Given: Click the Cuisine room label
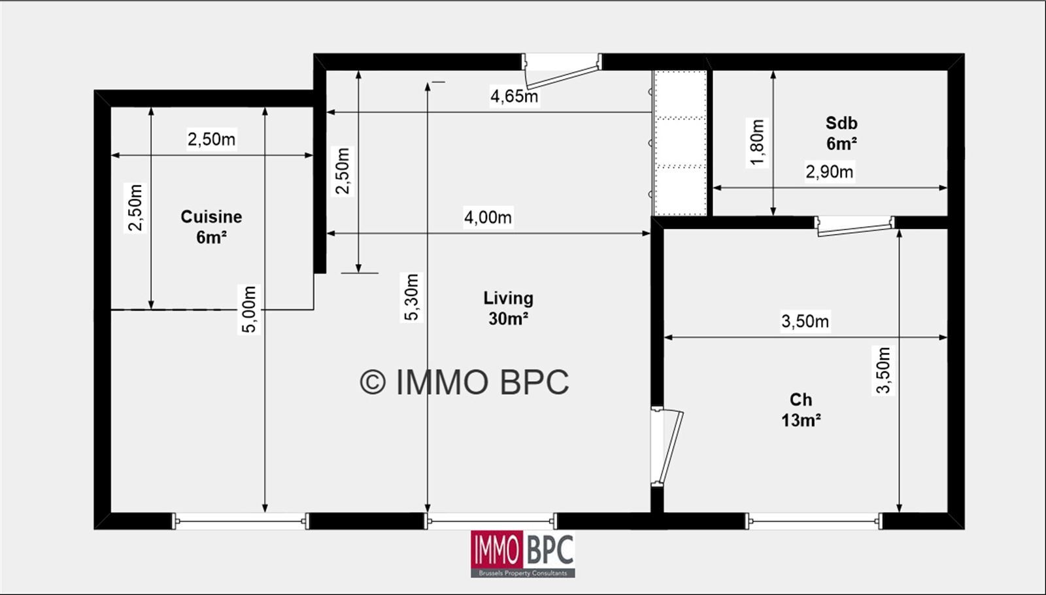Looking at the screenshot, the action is point(211,227).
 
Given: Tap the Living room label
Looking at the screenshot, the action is point(508,308).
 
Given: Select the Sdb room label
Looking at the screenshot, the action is point(841,133).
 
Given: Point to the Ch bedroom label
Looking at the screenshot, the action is point(801,410).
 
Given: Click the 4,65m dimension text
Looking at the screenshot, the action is point(514,96).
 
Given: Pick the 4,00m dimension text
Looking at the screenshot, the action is point(488,217).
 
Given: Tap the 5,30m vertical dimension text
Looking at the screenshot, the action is point(411,297).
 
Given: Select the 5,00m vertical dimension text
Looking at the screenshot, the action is point(249,310).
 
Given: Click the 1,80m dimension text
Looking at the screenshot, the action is point(757,143).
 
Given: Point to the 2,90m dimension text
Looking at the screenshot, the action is point(830,172).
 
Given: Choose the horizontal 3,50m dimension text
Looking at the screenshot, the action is point(805,321).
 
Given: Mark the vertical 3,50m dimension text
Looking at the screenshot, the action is point(883,370).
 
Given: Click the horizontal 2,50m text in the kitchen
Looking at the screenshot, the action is point(212,139).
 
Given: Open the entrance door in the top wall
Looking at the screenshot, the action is point(562,71).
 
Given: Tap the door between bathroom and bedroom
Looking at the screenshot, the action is point(854,226).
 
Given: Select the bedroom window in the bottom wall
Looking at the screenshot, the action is point(813,521).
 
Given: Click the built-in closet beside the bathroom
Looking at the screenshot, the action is point(680,143).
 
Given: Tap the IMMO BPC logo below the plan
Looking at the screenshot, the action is point(522,554).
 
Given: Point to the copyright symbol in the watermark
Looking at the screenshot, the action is point(373,382).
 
